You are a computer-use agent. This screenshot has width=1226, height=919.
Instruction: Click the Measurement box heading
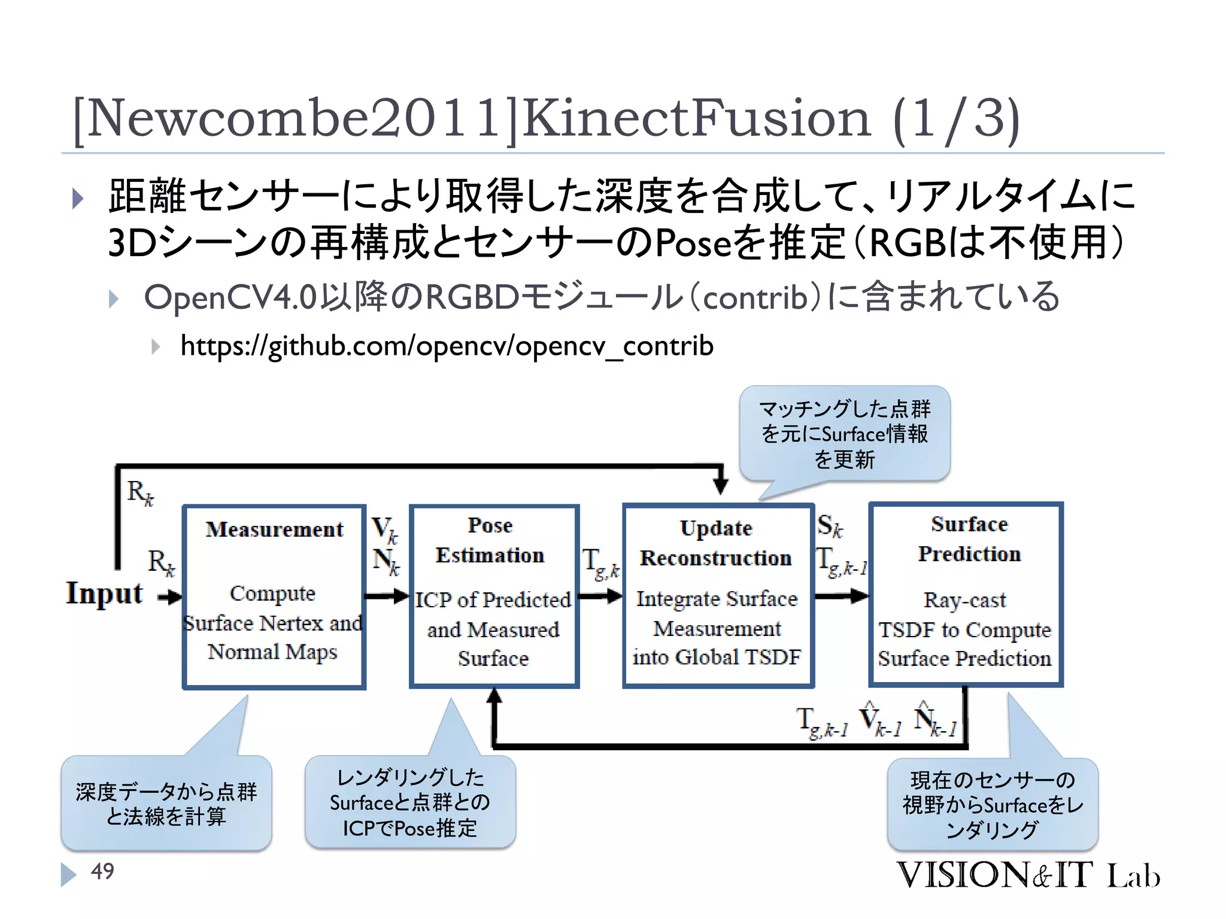click(x=274, y=530)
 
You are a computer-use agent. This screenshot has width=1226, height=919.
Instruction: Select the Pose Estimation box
click(x=494, y=596)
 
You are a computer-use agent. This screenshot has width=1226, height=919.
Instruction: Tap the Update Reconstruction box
click(x=718, y=596)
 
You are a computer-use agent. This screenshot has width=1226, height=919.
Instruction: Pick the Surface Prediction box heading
click(x=969, y=539)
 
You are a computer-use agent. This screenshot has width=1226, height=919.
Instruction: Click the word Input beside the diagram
click(x=104, y=594)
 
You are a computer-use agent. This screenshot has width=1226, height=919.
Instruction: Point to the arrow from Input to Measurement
click(x=170, y=597)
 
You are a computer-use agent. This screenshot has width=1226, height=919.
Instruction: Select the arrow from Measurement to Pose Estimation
click(x=387, y=596)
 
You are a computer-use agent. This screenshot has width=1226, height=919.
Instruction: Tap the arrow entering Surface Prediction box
click(x=842, y=596)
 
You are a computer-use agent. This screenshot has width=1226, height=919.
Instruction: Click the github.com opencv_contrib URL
click(x=447, y=346)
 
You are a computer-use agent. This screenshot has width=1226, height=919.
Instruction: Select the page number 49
click(x=102, y=871)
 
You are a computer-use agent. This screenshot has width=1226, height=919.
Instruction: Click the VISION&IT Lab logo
click(x=1027, y=875)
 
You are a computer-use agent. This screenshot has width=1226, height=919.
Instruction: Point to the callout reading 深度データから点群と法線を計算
click(x=166, y=804)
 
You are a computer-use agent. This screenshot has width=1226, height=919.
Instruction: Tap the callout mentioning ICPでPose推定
click(x=410, y=802)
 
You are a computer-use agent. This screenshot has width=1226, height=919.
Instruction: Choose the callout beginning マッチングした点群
click(x=845, y=434)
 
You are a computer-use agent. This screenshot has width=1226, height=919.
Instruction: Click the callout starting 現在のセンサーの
click(x=993, y=805)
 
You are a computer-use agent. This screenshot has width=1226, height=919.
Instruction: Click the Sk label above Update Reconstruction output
click(x=830, y=525)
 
